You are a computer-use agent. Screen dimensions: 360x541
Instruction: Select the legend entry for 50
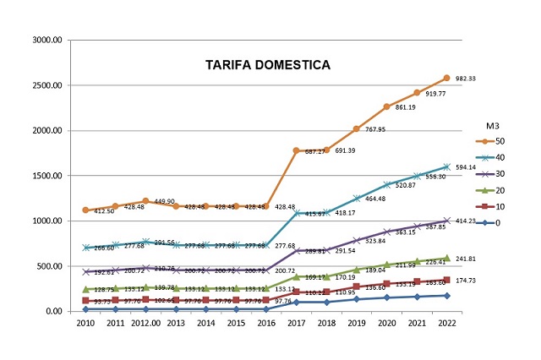point(495,140)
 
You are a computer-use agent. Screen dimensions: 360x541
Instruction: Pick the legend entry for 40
point(495,156)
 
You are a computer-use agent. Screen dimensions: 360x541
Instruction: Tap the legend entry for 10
point(495,206)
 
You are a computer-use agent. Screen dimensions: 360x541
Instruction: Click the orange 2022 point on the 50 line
point(446,78)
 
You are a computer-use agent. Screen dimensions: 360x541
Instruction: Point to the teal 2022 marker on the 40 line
point(446,166)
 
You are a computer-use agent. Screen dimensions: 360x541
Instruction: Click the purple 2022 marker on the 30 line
point(446,221)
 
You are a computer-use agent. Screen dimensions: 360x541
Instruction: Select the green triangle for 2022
point(446,257)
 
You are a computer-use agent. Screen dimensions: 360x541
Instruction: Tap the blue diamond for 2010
point(85,308)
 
